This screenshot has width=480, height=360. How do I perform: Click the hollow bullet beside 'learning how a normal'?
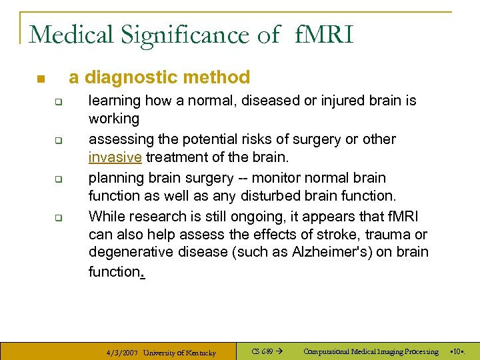click(58, 102)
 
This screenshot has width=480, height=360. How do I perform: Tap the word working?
click(114, 119)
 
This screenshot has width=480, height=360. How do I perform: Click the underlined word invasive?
click(114, 157)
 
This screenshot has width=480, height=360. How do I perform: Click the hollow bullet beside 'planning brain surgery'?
click(58, 179)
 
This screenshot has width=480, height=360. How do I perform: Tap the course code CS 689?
click(262, 351)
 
